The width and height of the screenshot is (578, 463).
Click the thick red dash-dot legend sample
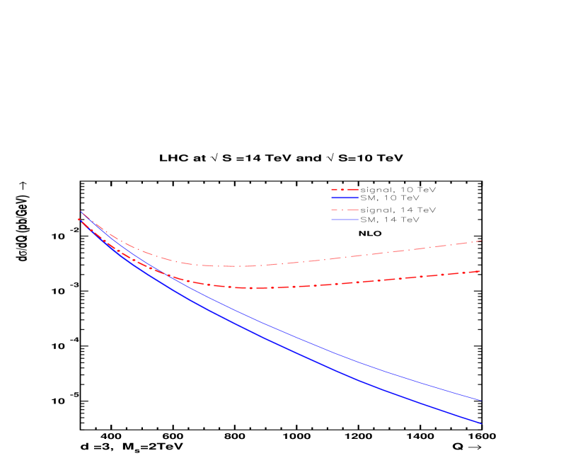(x=345, y=190)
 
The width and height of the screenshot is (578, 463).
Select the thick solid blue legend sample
(x=345, y=198)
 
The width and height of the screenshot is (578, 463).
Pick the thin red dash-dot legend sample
(x=345, y=210)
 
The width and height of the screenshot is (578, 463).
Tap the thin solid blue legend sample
(x=345, y=219)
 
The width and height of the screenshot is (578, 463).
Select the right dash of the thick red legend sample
(x=353, y=190)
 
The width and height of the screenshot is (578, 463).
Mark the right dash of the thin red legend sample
(x=353, y=210)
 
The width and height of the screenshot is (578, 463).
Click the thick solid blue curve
(x=283, y=345)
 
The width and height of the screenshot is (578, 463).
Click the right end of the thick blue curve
(x=481, y=423)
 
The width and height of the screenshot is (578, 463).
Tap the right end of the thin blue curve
(x=481, y=400)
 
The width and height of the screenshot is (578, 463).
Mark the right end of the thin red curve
(x=481, y=241)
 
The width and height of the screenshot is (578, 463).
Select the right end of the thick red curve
(x=481, y=271)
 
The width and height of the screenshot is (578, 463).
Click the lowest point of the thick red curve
(x=251, y=288)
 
